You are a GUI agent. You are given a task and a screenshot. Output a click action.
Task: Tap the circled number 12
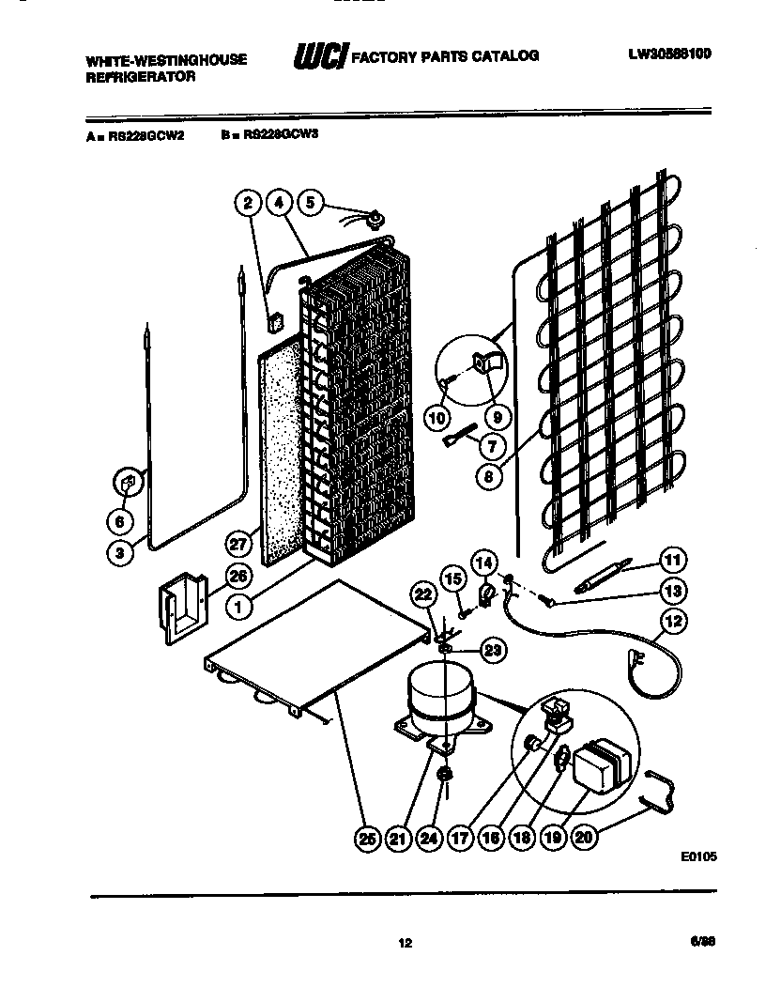pyautogui.click(x=672, y=620)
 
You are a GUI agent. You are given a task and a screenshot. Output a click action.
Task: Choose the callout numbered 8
pyautogui.click(x=489, y=475)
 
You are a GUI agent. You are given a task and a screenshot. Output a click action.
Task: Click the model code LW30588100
pyautogui.click(x=669, y=54)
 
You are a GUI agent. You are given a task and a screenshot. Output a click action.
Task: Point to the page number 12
pyautogui.click(x=405, y=943)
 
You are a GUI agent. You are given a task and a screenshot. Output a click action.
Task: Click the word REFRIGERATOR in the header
pyautogui.click(x=141, y=77)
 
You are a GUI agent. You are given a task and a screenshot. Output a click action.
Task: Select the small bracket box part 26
pyautogui.click(x=184, y=610)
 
